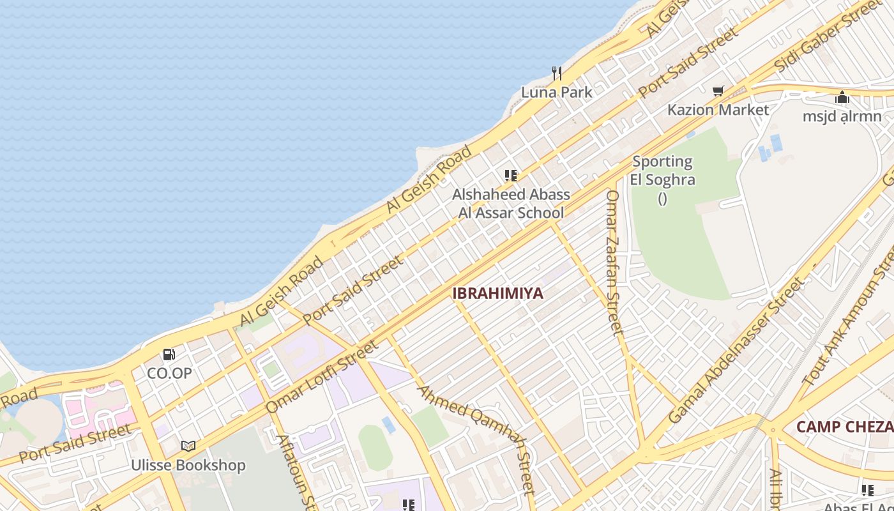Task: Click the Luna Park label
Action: pyautogui.click(x=556, y=92)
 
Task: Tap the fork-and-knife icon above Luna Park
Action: pyautogui.click(x=557, y=73)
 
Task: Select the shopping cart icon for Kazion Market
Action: pyautogui.click(x=718, y=91)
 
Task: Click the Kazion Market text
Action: pyautogui.click(x=718, y=110)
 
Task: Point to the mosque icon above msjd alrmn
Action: pyautogui.click(x=842, y=98)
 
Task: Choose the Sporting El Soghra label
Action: pyautogui.click(x=662, y=171)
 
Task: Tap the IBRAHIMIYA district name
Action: pyautogui.click(x=497, y=293)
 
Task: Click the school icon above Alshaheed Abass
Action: pyautogui.click(x=510, y=176)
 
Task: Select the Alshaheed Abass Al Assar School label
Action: pyautogui.click(x=511, y=204)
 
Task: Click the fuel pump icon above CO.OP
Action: pyautogui.click(x=169, y=355)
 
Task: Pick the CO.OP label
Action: pyautogui.click(x=169, y=373)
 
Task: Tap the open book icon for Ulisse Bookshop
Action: pyautogui.click(x=188, y=446)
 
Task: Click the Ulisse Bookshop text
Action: pyautogui.click(x=188, y=465)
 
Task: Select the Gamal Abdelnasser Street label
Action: pyautogui.click(x=735, y=351)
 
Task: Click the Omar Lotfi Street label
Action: pyautogui.click(x=322, y=377)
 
